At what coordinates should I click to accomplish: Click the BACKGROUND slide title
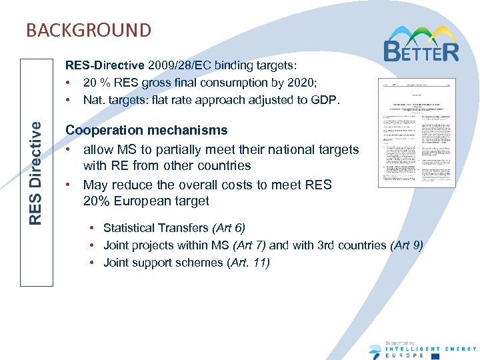(x=89, y=30)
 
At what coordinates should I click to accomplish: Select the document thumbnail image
(x=417, y=133)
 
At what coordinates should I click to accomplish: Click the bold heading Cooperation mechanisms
(x=146, y=130)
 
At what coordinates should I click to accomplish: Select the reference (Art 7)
(x=249, y=245)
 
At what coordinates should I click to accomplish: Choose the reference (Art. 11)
(x=249, y=263)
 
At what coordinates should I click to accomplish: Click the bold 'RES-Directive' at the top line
(x=104, y=65)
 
